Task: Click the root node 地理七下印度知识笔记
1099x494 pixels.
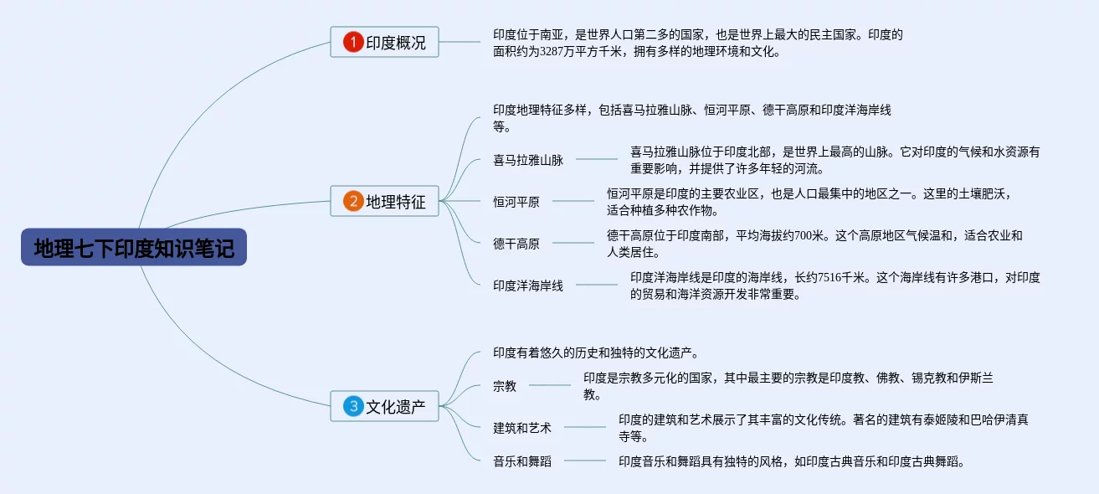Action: (134, 248)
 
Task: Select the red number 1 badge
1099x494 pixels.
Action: (353, 42)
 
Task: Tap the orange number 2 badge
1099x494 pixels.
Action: (353, 201)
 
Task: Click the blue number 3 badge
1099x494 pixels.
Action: (353, 407)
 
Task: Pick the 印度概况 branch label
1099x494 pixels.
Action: (396, 43)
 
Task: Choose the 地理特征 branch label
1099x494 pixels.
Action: (396, 202)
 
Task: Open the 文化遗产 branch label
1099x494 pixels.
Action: (396, 408)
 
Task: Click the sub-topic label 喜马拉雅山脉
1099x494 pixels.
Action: (528, 160)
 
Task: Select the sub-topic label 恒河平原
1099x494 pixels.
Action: (516, 202)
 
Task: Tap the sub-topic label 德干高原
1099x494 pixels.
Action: (516, 244)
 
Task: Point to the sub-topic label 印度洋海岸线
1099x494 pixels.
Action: (528, 286)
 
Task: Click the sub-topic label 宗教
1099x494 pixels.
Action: (505, 386)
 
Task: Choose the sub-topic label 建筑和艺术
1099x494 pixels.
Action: (522, 428)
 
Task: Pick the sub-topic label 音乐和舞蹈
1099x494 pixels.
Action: (522, 461)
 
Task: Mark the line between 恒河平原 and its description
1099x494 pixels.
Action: (573, 201)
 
